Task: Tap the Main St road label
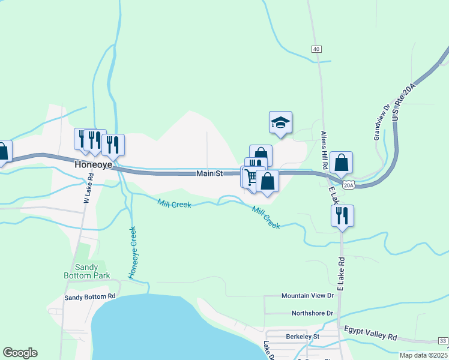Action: coord(210,173)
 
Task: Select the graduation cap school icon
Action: coord(280,123)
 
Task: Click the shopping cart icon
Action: coord(250,177)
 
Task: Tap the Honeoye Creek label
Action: coord(133,252)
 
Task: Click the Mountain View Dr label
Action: coord(307,296)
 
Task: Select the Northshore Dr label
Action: coord(312,313)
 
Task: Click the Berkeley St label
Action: coord(303,337)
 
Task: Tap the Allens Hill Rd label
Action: coord(324,150)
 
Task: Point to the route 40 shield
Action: coord(316,49)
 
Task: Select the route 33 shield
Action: coord(443,341)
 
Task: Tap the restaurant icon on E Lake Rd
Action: coord(342,216)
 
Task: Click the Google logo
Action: coord(20,353)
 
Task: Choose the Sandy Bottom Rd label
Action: coord(90,297)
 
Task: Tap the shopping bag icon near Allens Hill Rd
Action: coord(341,163)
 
